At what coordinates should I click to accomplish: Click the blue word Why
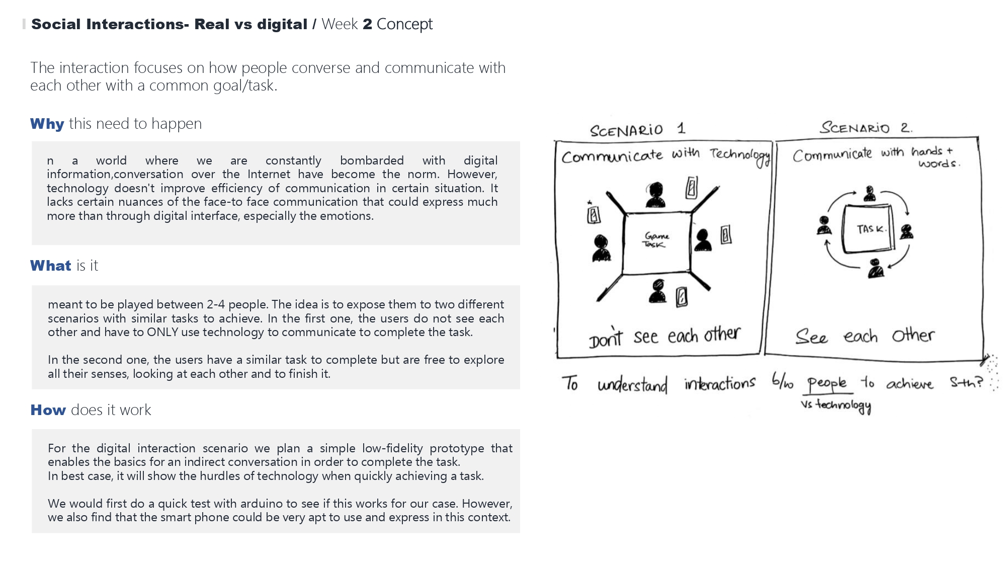tap(47, 124)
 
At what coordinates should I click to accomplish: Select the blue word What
tap(50, 266)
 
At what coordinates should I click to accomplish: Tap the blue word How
tap(48, 410)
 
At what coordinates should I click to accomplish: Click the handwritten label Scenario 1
tap(637, 130)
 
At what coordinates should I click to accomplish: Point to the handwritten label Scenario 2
tap(866, 127)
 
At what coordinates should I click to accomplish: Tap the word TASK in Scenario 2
tap(871, 229)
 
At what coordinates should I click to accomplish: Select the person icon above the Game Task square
tap(655, 195)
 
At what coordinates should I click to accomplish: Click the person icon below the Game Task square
tap(657, 291)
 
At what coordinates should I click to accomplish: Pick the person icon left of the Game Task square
tap(601, 249)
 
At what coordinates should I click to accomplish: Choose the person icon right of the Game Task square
tap(703, 240)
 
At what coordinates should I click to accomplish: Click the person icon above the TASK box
tap(870, 194)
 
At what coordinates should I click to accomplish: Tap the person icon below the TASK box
tap(876, 268)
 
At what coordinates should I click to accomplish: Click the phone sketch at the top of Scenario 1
tap(692, 188)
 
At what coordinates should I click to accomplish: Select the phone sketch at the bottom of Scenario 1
tap(682, 296)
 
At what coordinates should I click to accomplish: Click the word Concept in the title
tap(404, 24)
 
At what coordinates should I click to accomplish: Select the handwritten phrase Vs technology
tap(836, 406)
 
